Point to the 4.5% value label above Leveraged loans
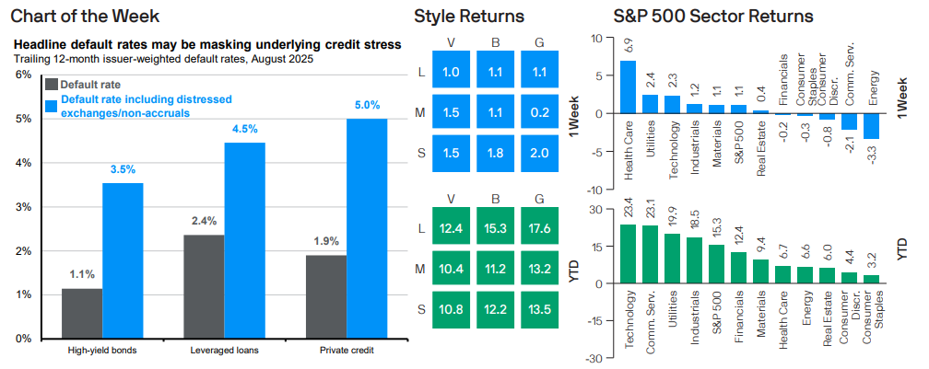click(x=245, y=129)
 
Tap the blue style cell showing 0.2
click(x=539, y=112)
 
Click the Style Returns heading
click(x=470, y=16)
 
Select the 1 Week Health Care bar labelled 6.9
click(x=628, y=86)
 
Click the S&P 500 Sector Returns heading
click(x=713, y=16)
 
